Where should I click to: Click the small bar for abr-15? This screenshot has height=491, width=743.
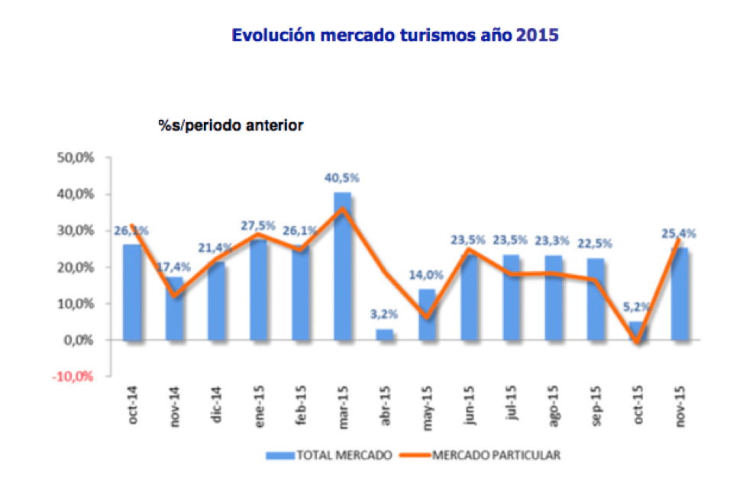tap(385, 334)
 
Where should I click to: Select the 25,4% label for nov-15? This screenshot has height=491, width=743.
tap(680, 233)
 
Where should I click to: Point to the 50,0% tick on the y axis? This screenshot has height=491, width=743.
tap(75, 158)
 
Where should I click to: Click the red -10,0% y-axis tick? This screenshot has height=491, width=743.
tap(73, 376)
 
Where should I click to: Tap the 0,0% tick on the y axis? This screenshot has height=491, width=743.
tap(77, 340)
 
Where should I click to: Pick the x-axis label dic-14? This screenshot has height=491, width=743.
tap(218, 409)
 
